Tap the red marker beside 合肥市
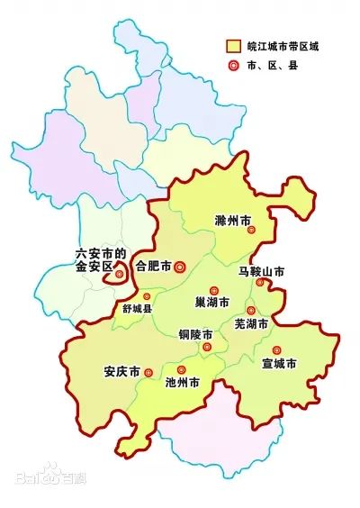[179, 266]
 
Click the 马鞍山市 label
[262, 270]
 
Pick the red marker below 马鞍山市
[259, 282]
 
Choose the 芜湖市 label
[251, 322]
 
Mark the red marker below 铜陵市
[207, 347]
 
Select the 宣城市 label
[279, 364]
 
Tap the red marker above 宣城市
[277, 349]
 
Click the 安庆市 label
[121, 371]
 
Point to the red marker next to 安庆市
[148, 371]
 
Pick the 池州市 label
[184, 382]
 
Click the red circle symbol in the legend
[233, 65]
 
